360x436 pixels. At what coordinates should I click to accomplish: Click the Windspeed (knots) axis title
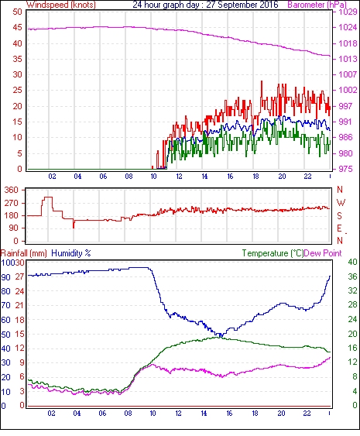(x=61, y=5)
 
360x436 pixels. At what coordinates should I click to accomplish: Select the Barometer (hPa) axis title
(x=317, y=5)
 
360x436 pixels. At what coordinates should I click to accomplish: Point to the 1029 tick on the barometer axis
(x=348, y=12)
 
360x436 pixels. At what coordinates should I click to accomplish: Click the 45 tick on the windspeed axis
(x=18, y=28)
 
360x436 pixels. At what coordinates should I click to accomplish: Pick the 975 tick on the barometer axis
(x=345, y=169)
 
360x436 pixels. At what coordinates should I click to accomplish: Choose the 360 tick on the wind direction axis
(x=11, y=191)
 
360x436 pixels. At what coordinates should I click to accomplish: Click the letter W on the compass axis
(x=341, y=203)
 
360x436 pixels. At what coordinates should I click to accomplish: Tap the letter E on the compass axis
(x=339, y=228)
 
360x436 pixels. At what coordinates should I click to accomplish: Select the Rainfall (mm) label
(x=24, y=253)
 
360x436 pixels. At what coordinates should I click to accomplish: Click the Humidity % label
(x=71, y=253)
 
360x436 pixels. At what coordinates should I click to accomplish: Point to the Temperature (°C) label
(x=273, y=253)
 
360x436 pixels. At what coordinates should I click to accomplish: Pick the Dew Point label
(x=323, y=253)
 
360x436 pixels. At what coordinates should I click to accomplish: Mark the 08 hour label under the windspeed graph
(x=129, y=177)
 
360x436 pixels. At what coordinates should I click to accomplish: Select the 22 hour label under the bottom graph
(x=307, y=414)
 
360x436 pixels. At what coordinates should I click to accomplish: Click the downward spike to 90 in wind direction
(x=74, y=225)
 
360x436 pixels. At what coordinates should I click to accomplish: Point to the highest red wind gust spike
(x=262, y=81)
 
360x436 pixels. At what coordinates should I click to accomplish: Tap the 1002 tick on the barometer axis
(x=348, y=90)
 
